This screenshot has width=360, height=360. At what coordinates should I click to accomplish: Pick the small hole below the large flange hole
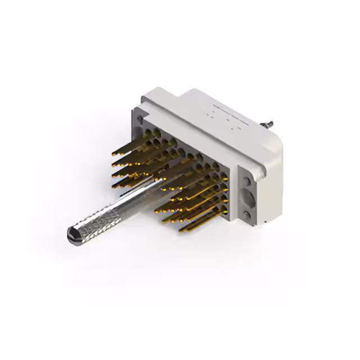(x=249, y=217)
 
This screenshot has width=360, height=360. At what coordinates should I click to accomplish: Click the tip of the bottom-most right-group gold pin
(x=181, y=230)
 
